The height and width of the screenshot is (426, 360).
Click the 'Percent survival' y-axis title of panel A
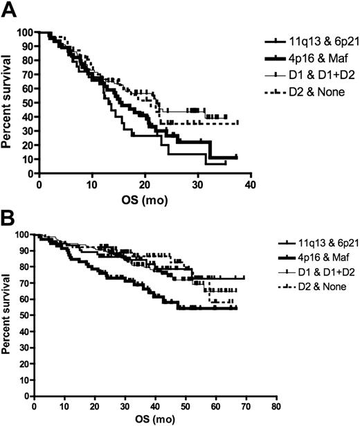(9, 102)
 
